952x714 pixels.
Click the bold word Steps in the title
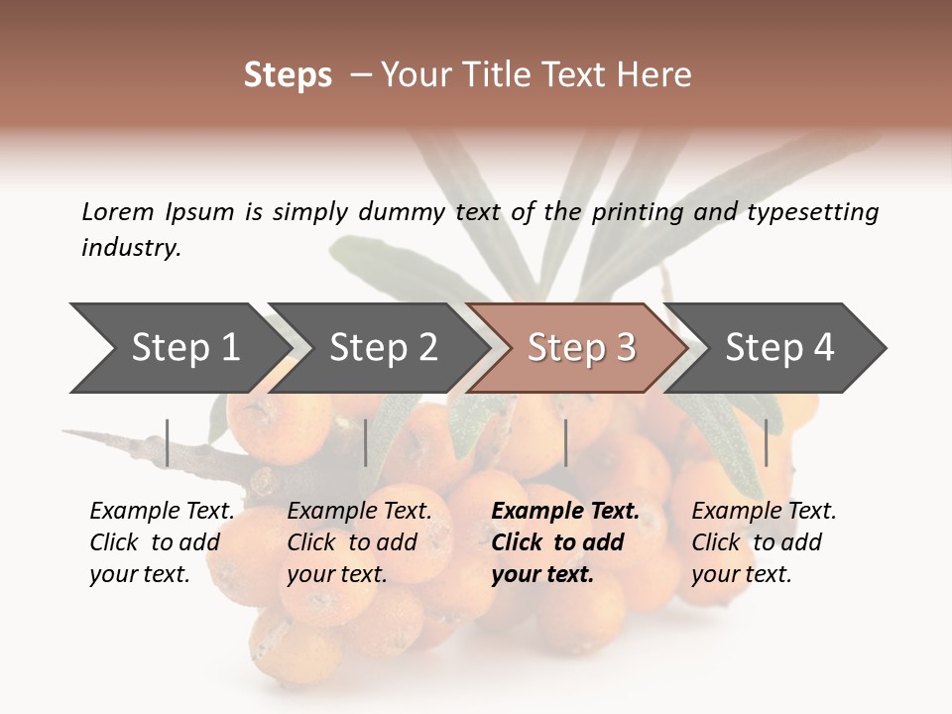[288, 75]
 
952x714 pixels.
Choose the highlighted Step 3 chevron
[581, 348]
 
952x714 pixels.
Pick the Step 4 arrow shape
[779, 348]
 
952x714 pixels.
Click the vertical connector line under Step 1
[168, 442]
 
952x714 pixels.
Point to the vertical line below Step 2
[366, 442]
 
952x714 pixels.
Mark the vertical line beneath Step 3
[565, 442]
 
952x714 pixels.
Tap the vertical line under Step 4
[766, 442]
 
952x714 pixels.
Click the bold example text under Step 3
[564, 542]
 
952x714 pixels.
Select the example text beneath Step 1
[162, 542]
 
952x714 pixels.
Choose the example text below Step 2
[359, 542]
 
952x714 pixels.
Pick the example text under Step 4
[764, 542]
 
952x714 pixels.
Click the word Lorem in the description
[118, 212]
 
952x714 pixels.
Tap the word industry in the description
[131, 248]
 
